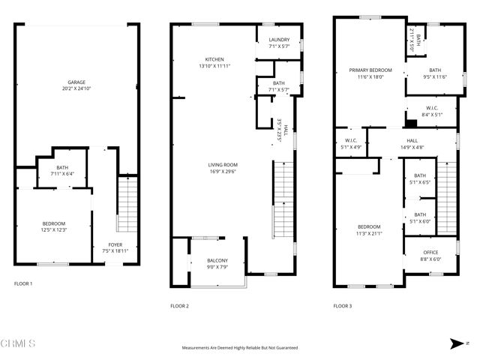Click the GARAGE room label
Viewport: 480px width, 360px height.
(x=76, y=82)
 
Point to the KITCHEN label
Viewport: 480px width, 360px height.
(x=215, y=59)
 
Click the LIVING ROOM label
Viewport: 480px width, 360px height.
(x=223, y=164)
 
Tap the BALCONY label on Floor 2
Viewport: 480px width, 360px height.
(x=217, y=260)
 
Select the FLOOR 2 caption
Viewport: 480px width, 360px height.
(x=179, y=306)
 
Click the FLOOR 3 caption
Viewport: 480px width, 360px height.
(x=342, y=306)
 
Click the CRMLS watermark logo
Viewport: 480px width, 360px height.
(x=18, y=343)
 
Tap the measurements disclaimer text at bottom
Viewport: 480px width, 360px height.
(x=240, y=348)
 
